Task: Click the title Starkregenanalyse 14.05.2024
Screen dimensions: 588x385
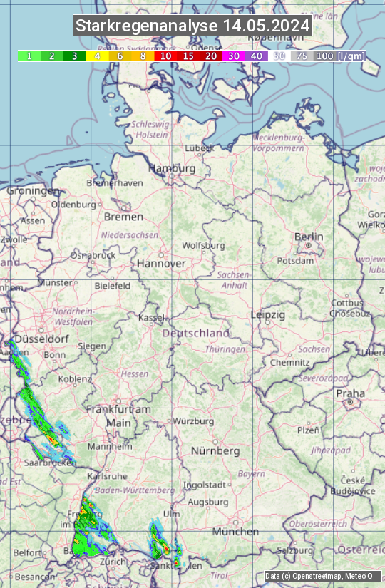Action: point(192,26)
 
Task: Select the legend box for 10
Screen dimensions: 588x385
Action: point(165,56)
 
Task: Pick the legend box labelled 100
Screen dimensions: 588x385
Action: point(324,56)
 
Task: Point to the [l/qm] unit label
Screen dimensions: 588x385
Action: point(351,56)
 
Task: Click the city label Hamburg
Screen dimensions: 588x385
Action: point(171,168)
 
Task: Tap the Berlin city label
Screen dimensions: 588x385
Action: point(309,237)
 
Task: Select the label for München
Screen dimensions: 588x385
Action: point(235,532)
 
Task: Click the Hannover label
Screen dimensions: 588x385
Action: point(161,263)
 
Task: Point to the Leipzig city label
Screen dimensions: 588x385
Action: point(268,314)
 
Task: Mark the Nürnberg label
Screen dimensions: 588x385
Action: point(215,451)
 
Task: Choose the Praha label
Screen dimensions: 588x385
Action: point(351,393)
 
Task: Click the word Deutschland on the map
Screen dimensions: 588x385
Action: point(196,333)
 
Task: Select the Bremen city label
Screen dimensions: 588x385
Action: point(123,217)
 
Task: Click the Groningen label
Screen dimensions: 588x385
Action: point(33,191)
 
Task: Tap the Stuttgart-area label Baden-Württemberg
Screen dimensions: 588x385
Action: point(135,490)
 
